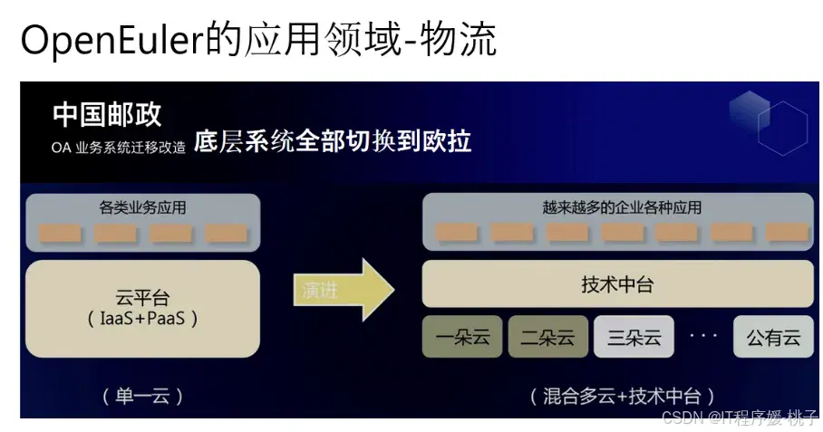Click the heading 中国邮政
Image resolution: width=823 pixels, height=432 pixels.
pos(107,115)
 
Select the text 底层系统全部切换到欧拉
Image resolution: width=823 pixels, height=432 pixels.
pos(333,142)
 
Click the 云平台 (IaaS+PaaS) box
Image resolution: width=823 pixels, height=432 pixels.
pos(143,308)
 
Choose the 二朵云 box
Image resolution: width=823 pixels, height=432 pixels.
pos(547,338)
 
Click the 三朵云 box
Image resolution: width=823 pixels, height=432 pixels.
pos(634,338)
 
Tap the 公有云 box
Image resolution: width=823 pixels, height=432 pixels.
pos(773,338)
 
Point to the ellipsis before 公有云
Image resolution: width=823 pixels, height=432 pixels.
pos(703,336)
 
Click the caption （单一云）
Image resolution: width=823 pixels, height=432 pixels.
pos(142,396)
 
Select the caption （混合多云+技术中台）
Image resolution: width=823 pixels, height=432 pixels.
pos(623,396)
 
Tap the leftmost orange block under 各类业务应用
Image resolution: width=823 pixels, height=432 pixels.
pos(60,234)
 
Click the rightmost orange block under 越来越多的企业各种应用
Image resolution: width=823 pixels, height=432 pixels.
pos(786,233)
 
